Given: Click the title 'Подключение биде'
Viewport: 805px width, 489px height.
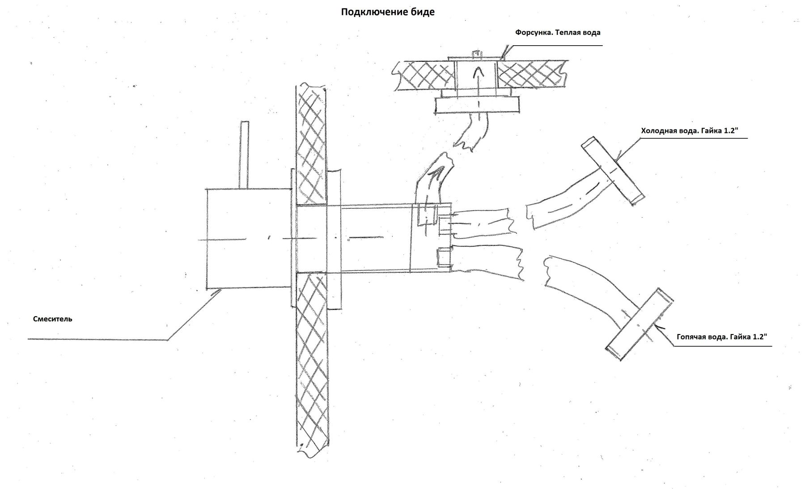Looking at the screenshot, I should [x=387, y=12].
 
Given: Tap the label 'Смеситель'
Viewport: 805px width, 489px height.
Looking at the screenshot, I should [x=52, y=319].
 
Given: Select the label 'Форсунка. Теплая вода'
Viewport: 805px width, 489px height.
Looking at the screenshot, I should [x=557, y=33].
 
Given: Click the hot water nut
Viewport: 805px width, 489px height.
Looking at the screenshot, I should [x=640, y=325].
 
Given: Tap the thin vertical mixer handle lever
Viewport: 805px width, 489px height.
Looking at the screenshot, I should [x=244, y=154].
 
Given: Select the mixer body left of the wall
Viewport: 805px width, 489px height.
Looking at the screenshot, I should [x=248, y=238].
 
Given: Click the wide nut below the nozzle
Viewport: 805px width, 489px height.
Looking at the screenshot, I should [x=478, y=106].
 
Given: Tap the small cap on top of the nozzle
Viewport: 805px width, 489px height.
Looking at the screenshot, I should [x=477, y=54].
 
